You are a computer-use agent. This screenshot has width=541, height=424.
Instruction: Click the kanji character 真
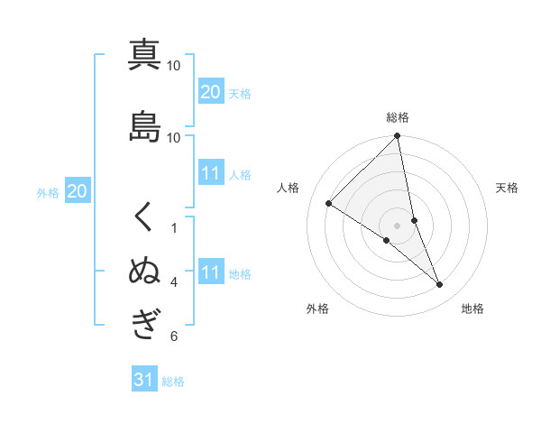pyautogui.click(x=144, y=55)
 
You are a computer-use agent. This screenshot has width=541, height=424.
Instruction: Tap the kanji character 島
pyautogui.click(x=144, y=126)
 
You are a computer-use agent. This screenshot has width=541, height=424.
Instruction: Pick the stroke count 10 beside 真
pyautogui.click(x=174, y=66)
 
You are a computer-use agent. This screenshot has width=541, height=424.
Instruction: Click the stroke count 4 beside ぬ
pyautogui.click(x=174, y=282)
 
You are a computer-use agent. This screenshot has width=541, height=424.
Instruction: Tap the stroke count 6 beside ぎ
pyautogui.click(x=174, y=336)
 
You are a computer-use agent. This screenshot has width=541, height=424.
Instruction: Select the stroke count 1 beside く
pyautogui.click(x=174, y=228)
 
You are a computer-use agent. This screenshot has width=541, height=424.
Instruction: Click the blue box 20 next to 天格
pyautogui.click(x=210, y=91)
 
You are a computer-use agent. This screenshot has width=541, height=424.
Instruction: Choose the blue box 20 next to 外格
pyautogui.click(x=78, y=190)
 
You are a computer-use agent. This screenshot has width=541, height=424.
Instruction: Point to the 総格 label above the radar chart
pyautogui.click(x=398, y=117)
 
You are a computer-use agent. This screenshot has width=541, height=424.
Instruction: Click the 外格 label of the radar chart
pyautogui.click(x=317, y=309)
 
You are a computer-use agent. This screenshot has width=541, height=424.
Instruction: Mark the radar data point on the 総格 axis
pyautogui.click(x=398, y=136)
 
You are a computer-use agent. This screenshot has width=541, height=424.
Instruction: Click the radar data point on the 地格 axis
pyautogui.click(x=440, y=285)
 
